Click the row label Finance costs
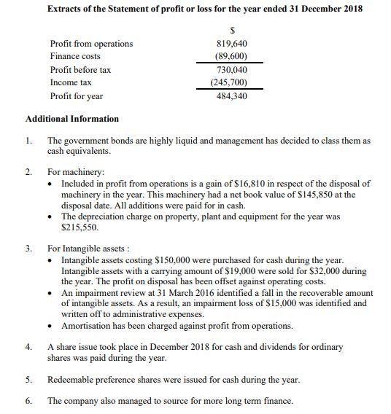75,56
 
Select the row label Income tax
71,82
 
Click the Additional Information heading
72,119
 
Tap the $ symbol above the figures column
232,30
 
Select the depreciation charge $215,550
80,227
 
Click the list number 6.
28,401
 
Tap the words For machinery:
73,173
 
